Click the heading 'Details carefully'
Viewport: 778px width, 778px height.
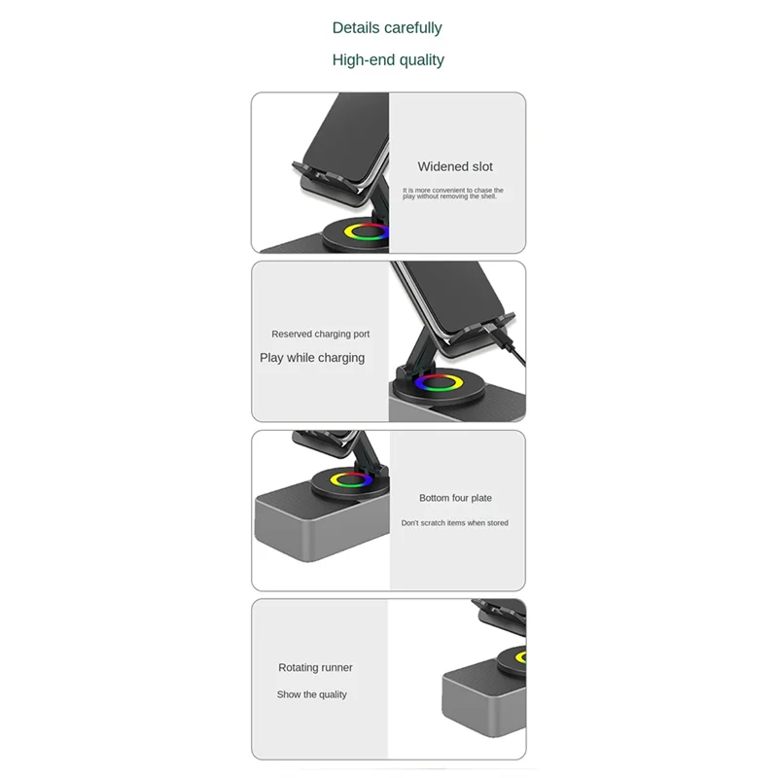click(x=387, y=28)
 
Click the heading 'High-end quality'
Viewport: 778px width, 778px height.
click(x=387, y=60)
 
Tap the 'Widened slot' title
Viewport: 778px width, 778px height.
click(x=455, y=167)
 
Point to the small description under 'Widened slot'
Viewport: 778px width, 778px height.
click(x=452, y=194)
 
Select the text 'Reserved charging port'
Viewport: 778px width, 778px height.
click(x=320, y=335)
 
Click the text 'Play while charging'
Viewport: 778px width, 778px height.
click(x=312, y=358)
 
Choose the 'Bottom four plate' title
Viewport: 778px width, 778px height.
click(x=455, y=498)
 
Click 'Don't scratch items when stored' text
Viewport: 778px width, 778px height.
click(x=454, y=523)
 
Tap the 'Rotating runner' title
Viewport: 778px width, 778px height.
click(x=315, y=668)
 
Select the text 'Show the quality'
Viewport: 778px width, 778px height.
click(x=311, y=694)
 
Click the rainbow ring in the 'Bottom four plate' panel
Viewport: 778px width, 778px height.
click(x=351, y=478)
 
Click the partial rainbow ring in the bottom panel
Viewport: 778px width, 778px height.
click(x=519, y=657)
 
